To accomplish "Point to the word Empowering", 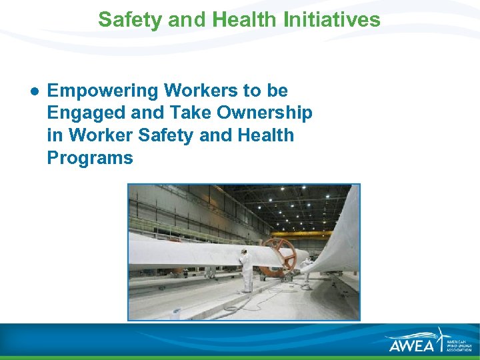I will click(103, 90).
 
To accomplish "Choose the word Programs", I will click(90, 158).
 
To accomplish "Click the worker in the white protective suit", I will click(246, 269).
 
